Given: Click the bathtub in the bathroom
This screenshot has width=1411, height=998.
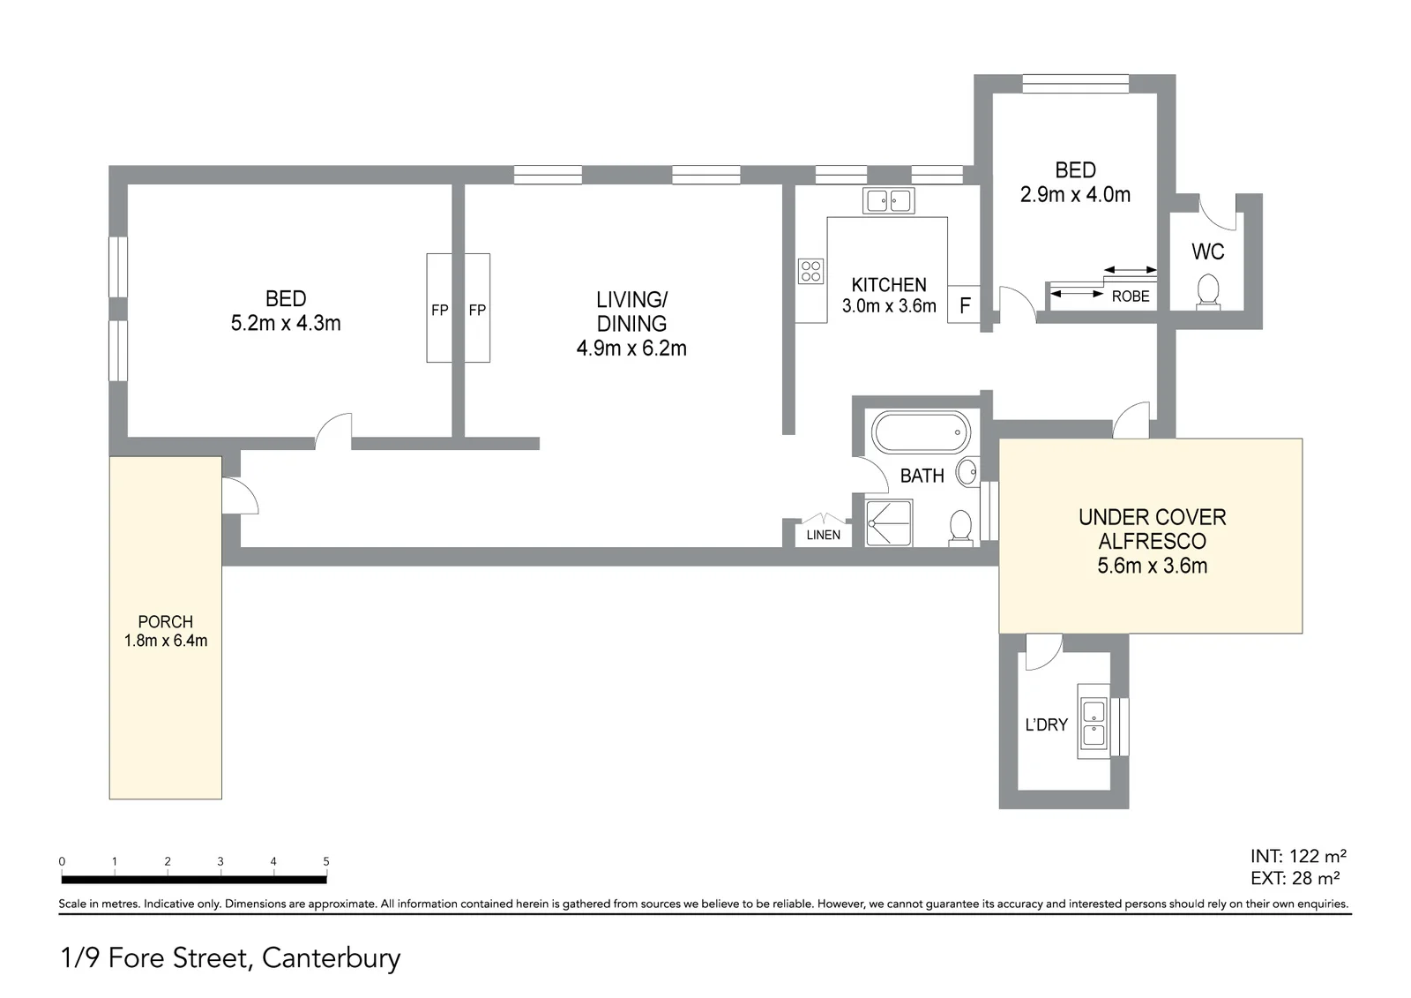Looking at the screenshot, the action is (x=921, y=431).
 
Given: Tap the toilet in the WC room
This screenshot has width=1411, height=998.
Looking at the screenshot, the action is (x=1207, y=292).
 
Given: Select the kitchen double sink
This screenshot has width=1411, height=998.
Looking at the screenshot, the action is (x=888, y=201).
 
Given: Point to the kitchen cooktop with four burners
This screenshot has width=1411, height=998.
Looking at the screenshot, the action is (x=810, y=271).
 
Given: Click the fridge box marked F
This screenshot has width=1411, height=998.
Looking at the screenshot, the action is (x=964, y=304).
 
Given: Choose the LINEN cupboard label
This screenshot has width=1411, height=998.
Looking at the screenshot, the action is (x=824, y=535).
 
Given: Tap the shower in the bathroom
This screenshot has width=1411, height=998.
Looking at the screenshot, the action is (x=889, y=522).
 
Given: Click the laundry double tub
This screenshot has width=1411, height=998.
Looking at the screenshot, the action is (x=1094, y=721).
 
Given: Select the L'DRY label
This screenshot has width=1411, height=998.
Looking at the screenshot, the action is (x=1046, y=725).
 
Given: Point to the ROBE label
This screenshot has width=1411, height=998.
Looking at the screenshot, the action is (x=1130, y=296).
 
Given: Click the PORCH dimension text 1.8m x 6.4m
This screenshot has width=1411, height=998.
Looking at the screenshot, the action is (x=166, y=641).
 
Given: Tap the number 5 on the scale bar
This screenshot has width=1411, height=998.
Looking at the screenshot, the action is (x=326, y=861).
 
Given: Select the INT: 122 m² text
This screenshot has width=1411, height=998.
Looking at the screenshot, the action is (x=1298, y=856).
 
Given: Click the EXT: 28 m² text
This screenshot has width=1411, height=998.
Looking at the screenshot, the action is (x=1295, y=878).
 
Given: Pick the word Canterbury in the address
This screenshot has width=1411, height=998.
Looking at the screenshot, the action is (x=332, y=958).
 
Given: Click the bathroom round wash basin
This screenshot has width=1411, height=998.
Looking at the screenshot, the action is (x=967, y=471).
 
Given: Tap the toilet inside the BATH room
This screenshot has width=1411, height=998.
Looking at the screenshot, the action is (x=960, y=528).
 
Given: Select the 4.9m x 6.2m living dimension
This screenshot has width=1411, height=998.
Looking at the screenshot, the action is (x=631, y=348).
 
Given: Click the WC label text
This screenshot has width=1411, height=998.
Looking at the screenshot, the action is (x=1207, y=252).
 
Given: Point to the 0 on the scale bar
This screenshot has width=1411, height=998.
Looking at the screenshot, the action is (x=62, y=861).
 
